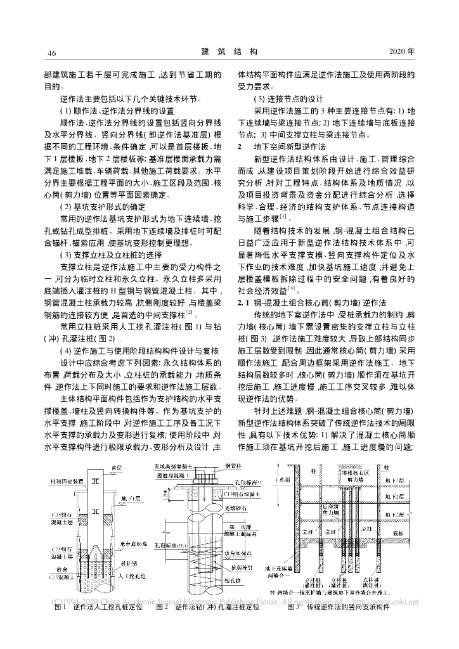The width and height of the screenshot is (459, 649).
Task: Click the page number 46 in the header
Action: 52,52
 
